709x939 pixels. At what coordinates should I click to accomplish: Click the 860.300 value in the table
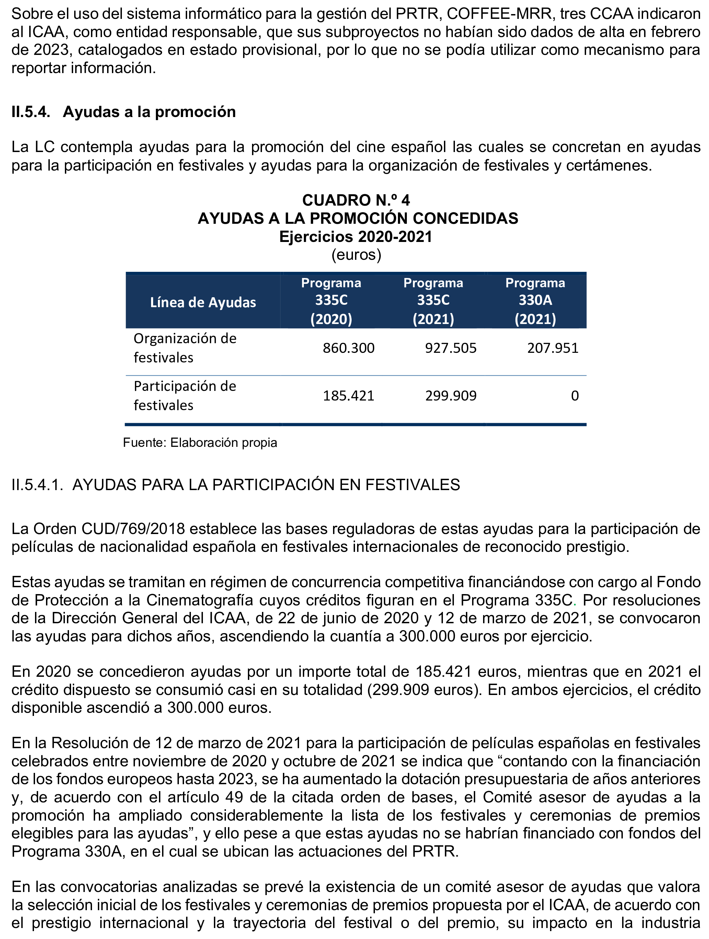(348, 348)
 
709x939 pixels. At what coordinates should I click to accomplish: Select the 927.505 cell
(451, 348)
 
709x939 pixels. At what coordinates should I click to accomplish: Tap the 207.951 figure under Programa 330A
(553, 348)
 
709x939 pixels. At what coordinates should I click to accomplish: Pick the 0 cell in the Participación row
(574, 396)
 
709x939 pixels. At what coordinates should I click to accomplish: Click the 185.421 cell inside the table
(348, 396)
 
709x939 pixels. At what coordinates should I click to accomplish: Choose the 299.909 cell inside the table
(451, 396)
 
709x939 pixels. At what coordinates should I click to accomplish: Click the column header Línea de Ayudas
(203, 302)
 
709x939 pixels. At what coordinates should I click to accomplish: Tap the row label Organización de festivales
(185, 348)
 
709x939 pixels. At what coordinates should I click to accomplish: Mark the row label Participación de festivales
(185, 396)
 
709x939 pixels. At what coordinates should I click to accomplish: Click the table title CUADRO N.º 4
(356, 200)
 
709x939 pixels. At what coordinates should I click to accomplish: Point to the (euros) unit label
(356, 255)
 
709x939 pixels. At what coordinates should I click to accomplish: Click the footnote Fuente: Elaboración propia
(200, 443)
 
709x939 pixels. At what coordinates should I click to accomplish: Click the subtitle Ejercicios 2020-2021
(356, 236)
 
